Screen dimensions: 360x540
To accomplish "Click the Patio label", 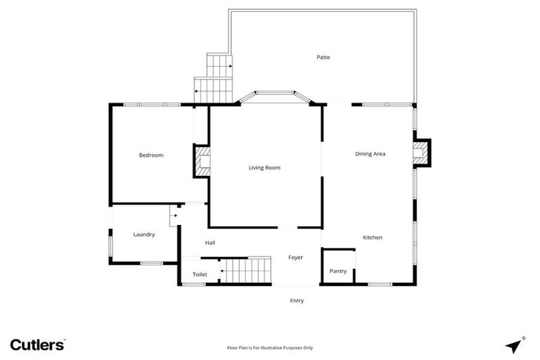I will pos(323,57).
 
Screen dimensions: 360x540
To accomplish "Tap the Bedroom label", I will pos(150,155).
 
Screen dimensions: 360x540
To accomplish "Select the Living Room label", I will pos(264,167).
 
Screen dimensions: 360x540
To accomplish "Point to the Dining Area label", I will pos(370,153).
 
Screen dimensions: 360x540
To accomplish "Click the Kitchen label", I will pos(372,238).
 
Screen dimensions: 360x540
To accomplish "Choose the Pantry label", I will pos(338,271).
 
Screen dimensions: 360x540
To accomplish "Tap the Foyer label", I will pos(295,257).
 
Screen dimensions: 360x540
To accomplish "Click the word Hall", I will pos(210,243).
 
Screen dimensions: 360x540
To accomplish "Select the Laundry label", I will pos(143,234).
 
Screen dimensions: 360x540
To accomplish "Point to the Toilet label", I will pos(200,274).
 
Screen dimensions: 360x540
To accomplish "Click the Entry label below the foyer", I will pos(297,300).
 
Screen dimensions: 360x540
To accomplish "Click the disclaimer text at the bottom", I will pos(269,347).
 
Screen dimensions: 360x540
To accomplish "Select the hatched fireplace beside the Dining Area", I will pos(420,153).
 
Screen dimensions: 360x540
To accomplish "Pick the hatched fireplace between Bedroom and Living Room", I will pos(202,160).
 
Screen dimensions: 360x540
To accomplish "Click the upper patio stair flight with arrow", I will pos(219,65).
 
